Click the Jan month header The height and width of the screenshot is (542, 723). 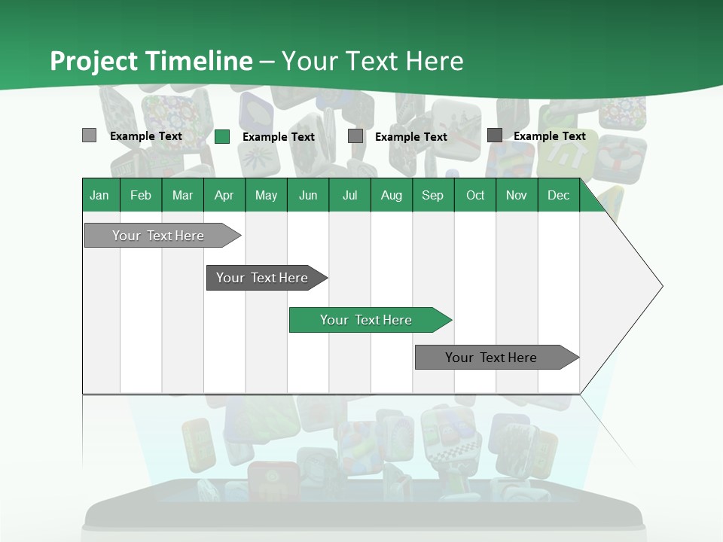point(99,195)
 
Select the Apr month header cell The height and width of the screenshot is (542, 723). point(224,195)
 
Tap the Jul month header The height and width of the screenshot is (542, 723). point(349,195)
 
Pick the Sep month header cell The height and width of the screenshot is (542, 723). point(432,195)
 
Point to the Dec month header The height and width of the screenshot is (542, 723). point(558,195)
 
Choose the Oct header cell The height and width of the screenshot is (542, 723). point(475,195)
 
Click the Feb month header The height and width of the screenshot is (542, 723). point(141,195)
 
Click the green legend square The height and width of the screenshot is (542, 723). point(222,136)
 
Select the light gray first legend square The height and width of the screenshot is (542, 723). point(89,135)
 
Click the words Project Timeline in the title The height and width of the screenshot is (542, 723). point(151,61)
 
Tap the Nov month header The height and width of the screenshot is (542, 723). point(517,195)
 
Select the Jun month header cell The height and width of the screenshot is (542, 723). point(308,195)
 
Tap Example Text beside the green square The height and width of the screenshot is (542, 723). point(279,137)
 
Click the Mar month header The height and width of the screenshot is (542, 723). point(182,195)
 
